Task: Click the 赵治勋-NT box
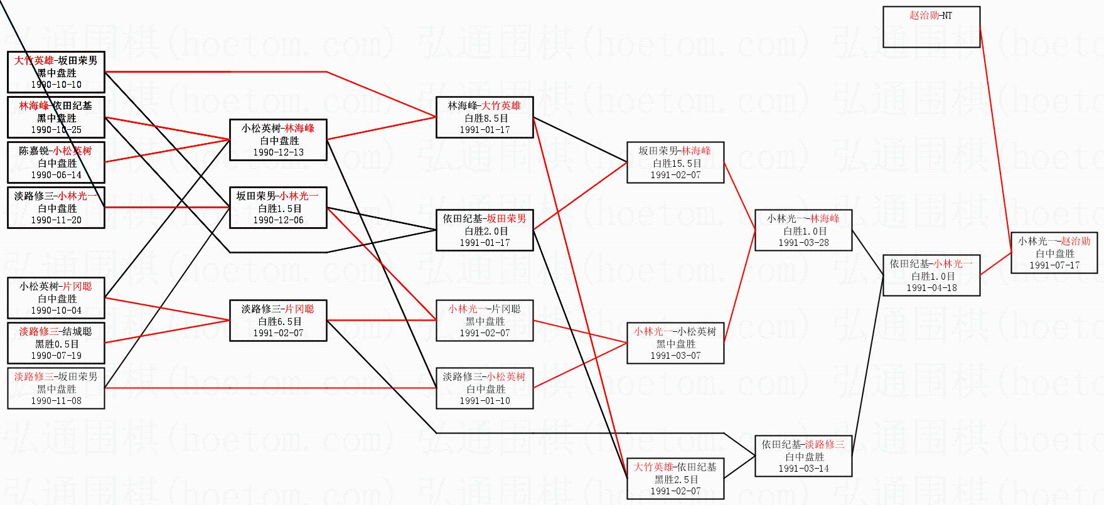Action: click(931, 27)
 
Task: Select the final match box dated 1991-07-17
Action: click(1054, 253)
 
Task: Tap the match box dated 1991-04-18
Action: click(931, 275)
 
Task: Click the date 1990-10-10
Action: click(56, 85)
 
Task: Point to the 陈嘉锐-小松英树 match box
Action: click(56, 162)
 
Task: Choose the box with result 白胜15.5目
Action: click(675, 163)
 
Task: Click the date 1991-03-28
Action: click(803, 243)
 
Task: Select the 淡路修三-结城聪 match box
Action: click(56, 343)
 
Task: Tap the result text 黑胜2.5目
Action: click(675, 479)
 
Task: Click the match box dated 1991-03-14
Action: click(803, 456)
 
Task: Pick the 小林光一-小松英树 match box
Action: click(675, 343)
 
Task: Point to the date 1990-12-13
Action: click(278, 152)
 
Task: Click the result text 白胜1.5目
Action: click(279, 208)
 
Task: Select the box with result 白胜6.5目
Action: click(278, 321)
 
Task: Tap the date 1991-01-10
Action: click(485, 401)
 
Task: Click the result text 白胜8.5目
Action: click(485, 118)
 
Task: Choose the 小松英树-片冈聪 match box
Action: click(56, 298)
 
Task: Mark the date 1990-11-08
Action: click(56, 401)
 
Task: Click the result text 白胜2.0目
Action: click(485, 231)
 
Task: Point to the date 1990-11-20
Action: click(56, 220)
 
